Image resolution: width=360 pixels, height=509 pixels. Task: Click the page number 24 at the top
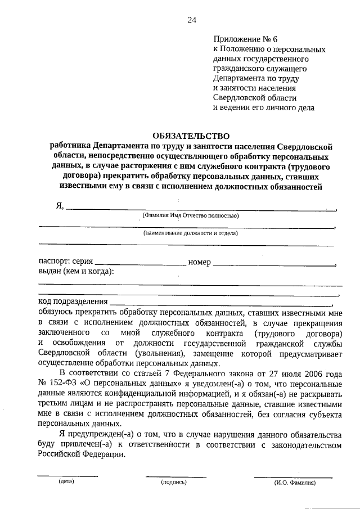click(x=191, y=20)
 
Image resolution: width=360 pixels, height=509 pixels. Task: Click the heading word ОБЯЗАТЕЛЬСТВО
click(x=191, y=136)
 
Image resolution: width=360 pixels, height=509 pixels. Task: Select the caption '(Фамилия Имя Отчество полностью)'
click(x=191, y=215)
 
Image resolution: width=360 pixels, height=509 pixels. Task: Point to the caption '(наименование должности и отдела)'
click(x=190, y=233)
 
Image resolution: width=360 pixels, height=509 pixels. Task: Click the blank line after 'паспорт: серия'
click(x=141, y=263)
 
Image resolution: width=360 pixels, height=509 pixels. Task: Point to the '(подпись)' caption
click(x=173, y=482)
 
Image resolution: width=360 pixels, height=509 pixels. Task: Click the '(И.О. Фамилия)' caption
click(x=295, y=482)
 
